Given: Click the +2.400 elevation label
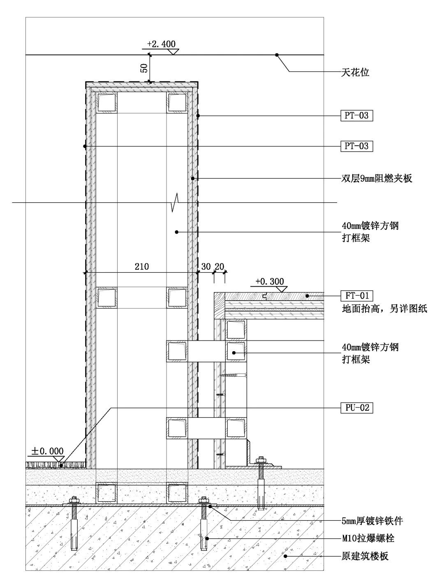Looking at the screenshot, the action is click(x=161, y=44).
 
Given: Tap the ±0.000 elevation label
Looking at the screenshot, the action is click(x=48, y=451).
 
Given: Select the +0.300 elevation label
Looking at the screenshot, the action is click(x=270, y=281).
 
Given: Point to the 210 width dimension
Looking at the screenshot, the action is click(x=142, y=266).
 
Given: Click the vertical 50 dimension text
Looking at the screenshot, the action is click(x=144, y=68).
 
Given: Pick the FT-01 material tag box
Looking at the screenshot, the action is click(x=357, y=296).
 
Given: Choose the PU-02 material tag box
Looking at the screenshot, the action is click(x=357, y=408).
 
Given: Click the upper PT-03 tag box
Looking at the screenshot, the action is click(x=357, y=116).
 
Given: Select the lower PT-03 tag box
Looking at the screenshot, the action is click(x=357, y=146).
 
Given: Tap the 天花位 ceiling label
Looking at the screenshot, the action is click(x=355, y=72).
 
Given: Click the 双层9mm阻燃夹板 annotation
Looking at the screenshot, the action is click(x=377, y=178).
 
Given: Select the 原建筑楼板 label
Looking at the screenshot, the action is click(x=365, y=556).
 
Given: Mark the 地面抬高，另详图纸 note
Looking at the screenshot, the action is click(x=384, y=308).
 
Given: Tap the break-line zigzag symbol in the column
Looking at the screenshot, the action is click(x=175, y=202).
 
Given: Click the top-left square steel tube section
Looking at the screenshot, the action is click(x=107, y=103).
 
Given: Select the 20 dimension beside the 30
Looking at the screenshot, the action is click(x=220, y=266).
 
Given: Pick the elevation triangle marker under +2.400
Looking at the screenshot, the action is click(x=173, y=52).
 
